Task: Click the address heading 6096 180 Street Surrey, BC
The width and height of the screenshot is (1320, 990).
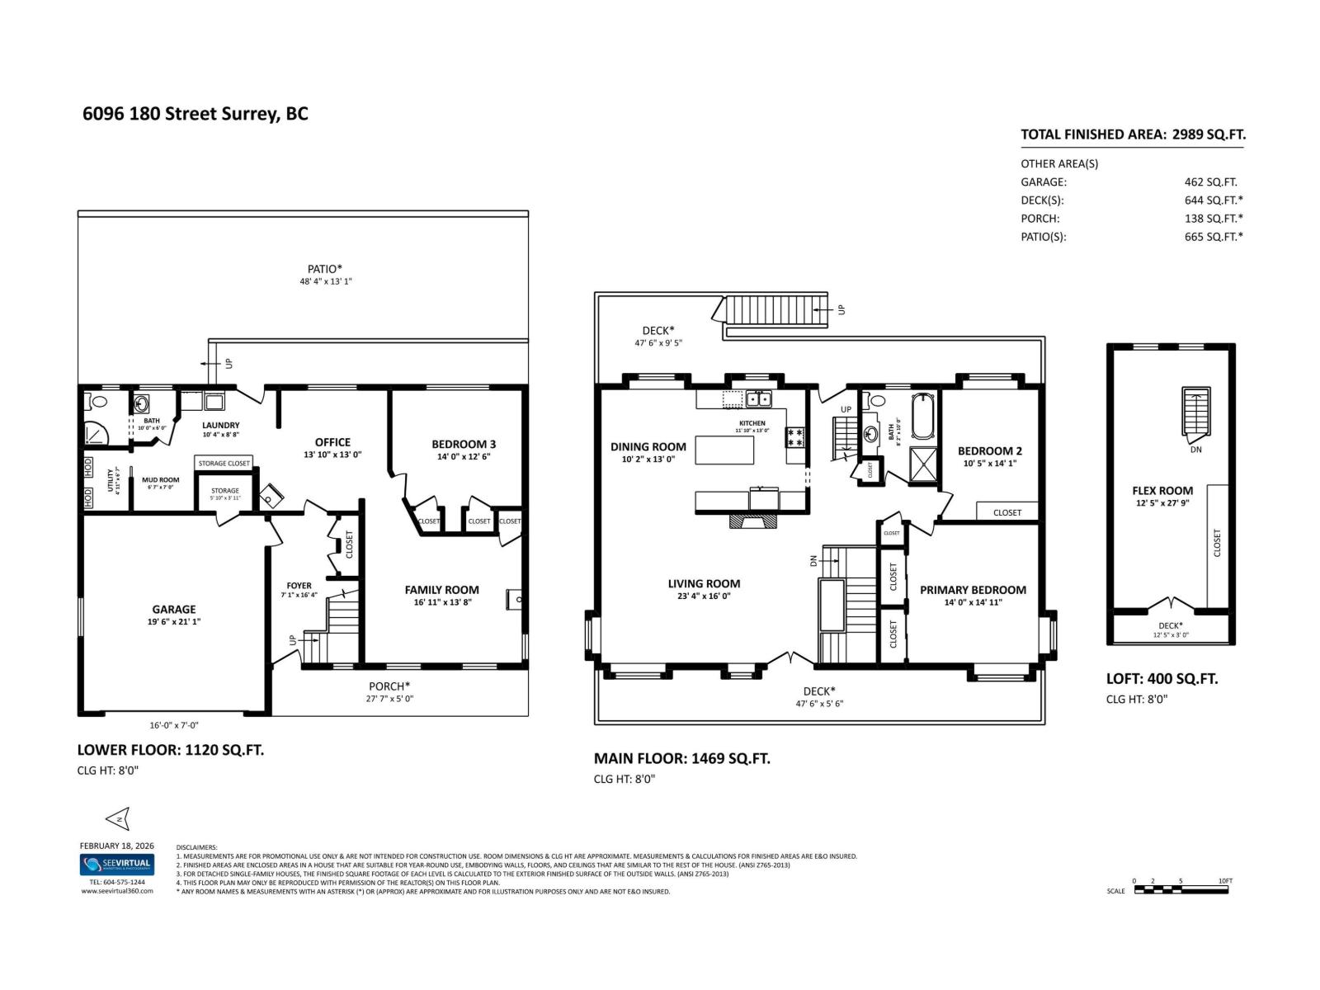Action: tap(196, 114)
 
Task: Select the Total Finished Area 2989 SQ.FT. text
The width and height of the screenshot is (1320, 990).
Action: tap(1132, 134)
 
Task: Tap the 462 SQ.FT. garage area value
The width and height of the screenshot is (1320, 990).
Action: tap(1210, 182)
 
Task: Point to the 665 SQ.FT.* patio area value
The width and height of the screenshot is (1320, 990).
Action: tap(1213, 237)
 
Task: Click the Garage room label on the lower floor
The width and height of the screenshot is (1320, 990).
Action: tap(173, 610)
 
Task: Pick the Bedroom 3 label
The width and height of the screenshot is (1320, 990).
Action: tap(464, 444)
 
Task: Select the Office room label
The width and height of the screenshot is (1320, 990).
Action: tap(332, 442)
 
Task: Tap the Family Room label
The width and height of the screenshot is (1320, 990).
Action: tap(441, 590)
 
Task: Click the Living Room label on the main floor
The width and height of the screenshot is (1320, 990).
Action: tap(704, 584)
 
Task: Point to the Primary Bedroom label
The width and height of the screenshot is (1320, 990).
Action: tap(973, 590)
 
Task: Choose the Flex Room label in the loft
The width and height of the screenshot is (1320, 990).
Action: tap(1162, 491)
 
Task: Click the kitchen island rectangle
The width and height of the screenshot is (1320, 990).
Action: tap(724, 450)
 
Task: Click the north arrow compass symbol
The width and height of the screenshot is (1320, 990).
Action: tap(118, 819)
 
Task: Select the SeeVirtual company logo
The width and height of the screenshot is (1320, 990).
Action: tap(116, 865)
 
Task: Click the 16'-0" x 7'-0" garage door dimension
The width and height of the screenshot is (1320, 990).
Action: tap(173, 726)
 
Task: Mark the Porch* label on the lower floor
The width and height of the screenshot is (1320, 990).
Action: tap(389, 686)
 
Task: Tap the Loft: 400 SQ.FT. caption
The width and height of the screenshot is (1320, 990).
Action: tap(1162, 679)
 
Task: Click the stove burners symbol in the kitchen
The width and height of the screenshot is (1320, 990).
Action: tap(795, 436)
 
